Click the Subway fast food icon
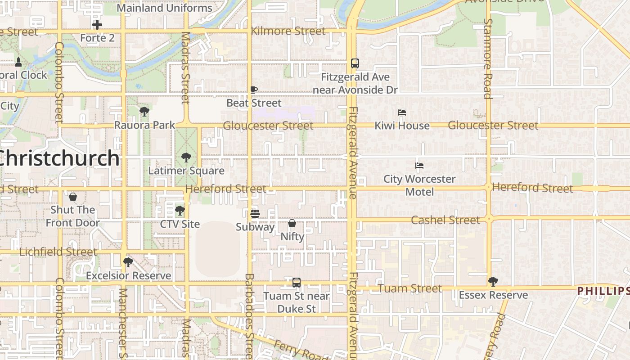[255, 214]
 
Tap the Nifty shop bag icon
[292, 223]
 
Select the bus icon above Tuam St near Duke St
[296, 283]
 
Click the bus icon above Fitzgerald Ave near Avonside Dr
[355, 63]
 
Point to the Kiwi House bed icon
[402, 112]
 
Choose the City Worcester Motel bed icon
[419, 166]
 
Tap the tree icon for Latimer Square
[186, 157]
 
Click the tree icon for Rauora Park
[144, 112]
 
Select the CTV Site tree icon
[180, 211]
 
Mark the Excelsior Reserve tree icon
[128, 262]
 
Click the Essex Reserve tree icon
[493, 282]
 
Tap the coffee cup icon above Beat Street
[254, 90]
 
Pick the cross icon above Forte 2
[97, 25]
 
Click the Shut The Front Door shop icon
[72, 197]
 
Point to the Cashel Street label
[445, 220]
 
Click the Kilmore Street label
[288, 31]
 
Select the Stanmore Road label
[487, 58]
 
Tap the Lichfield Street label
[58, 252]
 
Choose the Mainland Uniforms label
[164, 8]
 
